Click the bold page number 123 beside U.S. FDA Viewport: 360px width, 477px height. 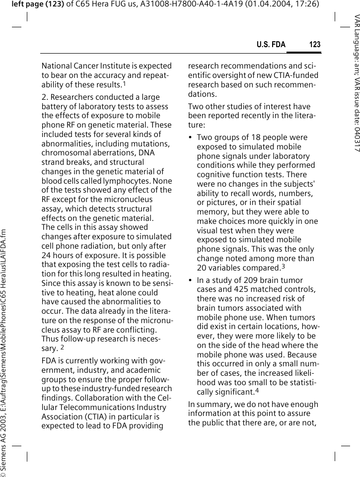[314, 45]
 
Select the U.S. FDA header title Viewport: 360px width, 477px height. [271, 45]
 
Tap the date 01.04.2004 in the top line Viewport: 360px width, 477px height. [272, 4]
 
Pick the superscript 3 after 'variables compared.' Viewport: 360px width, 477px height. [283, 266]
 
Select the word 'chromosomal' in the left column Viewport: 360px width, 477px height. [63, 153]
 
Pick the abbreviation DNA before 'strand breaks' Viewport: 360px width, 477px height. [147, 153]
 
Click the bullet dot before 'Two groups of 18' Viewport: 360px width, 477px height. [191, 137]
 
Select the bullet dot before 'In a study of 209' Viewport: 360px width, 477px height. [191, 280]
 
